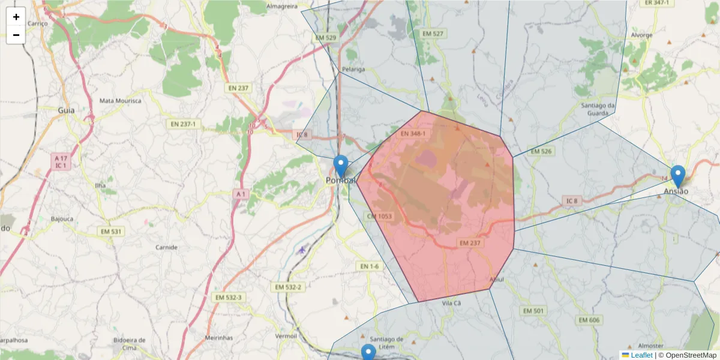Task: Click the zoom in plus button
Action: coord(16,17)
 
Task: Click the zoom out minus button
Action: coord(16,35)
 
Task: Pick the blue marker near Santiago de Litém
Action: coord(368,353)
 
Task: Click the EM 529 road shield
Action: coord(326,38)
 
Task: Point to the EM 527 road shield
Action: coord(433,34)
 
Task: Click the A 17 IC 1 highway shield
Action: coord(59,161)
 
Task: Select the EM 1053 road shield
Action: coord(379,216)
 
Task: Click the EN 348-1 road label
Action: coord(413,133)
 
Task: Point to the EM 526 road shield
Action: coord(541,151)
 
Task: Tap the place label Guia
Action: coord(66,110)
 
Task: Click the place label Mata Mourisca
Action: coord(120,100)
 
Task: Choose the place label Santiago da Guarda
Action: coord(598,109)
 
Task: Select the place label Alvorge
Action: coord(641,35)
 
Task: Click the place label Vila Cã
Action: coord(451,304)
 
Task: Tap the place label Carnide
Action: coord(166,247)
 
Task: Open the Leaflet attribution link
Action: coord(641,355)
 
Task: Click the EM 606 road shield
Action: coord(589,320)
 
